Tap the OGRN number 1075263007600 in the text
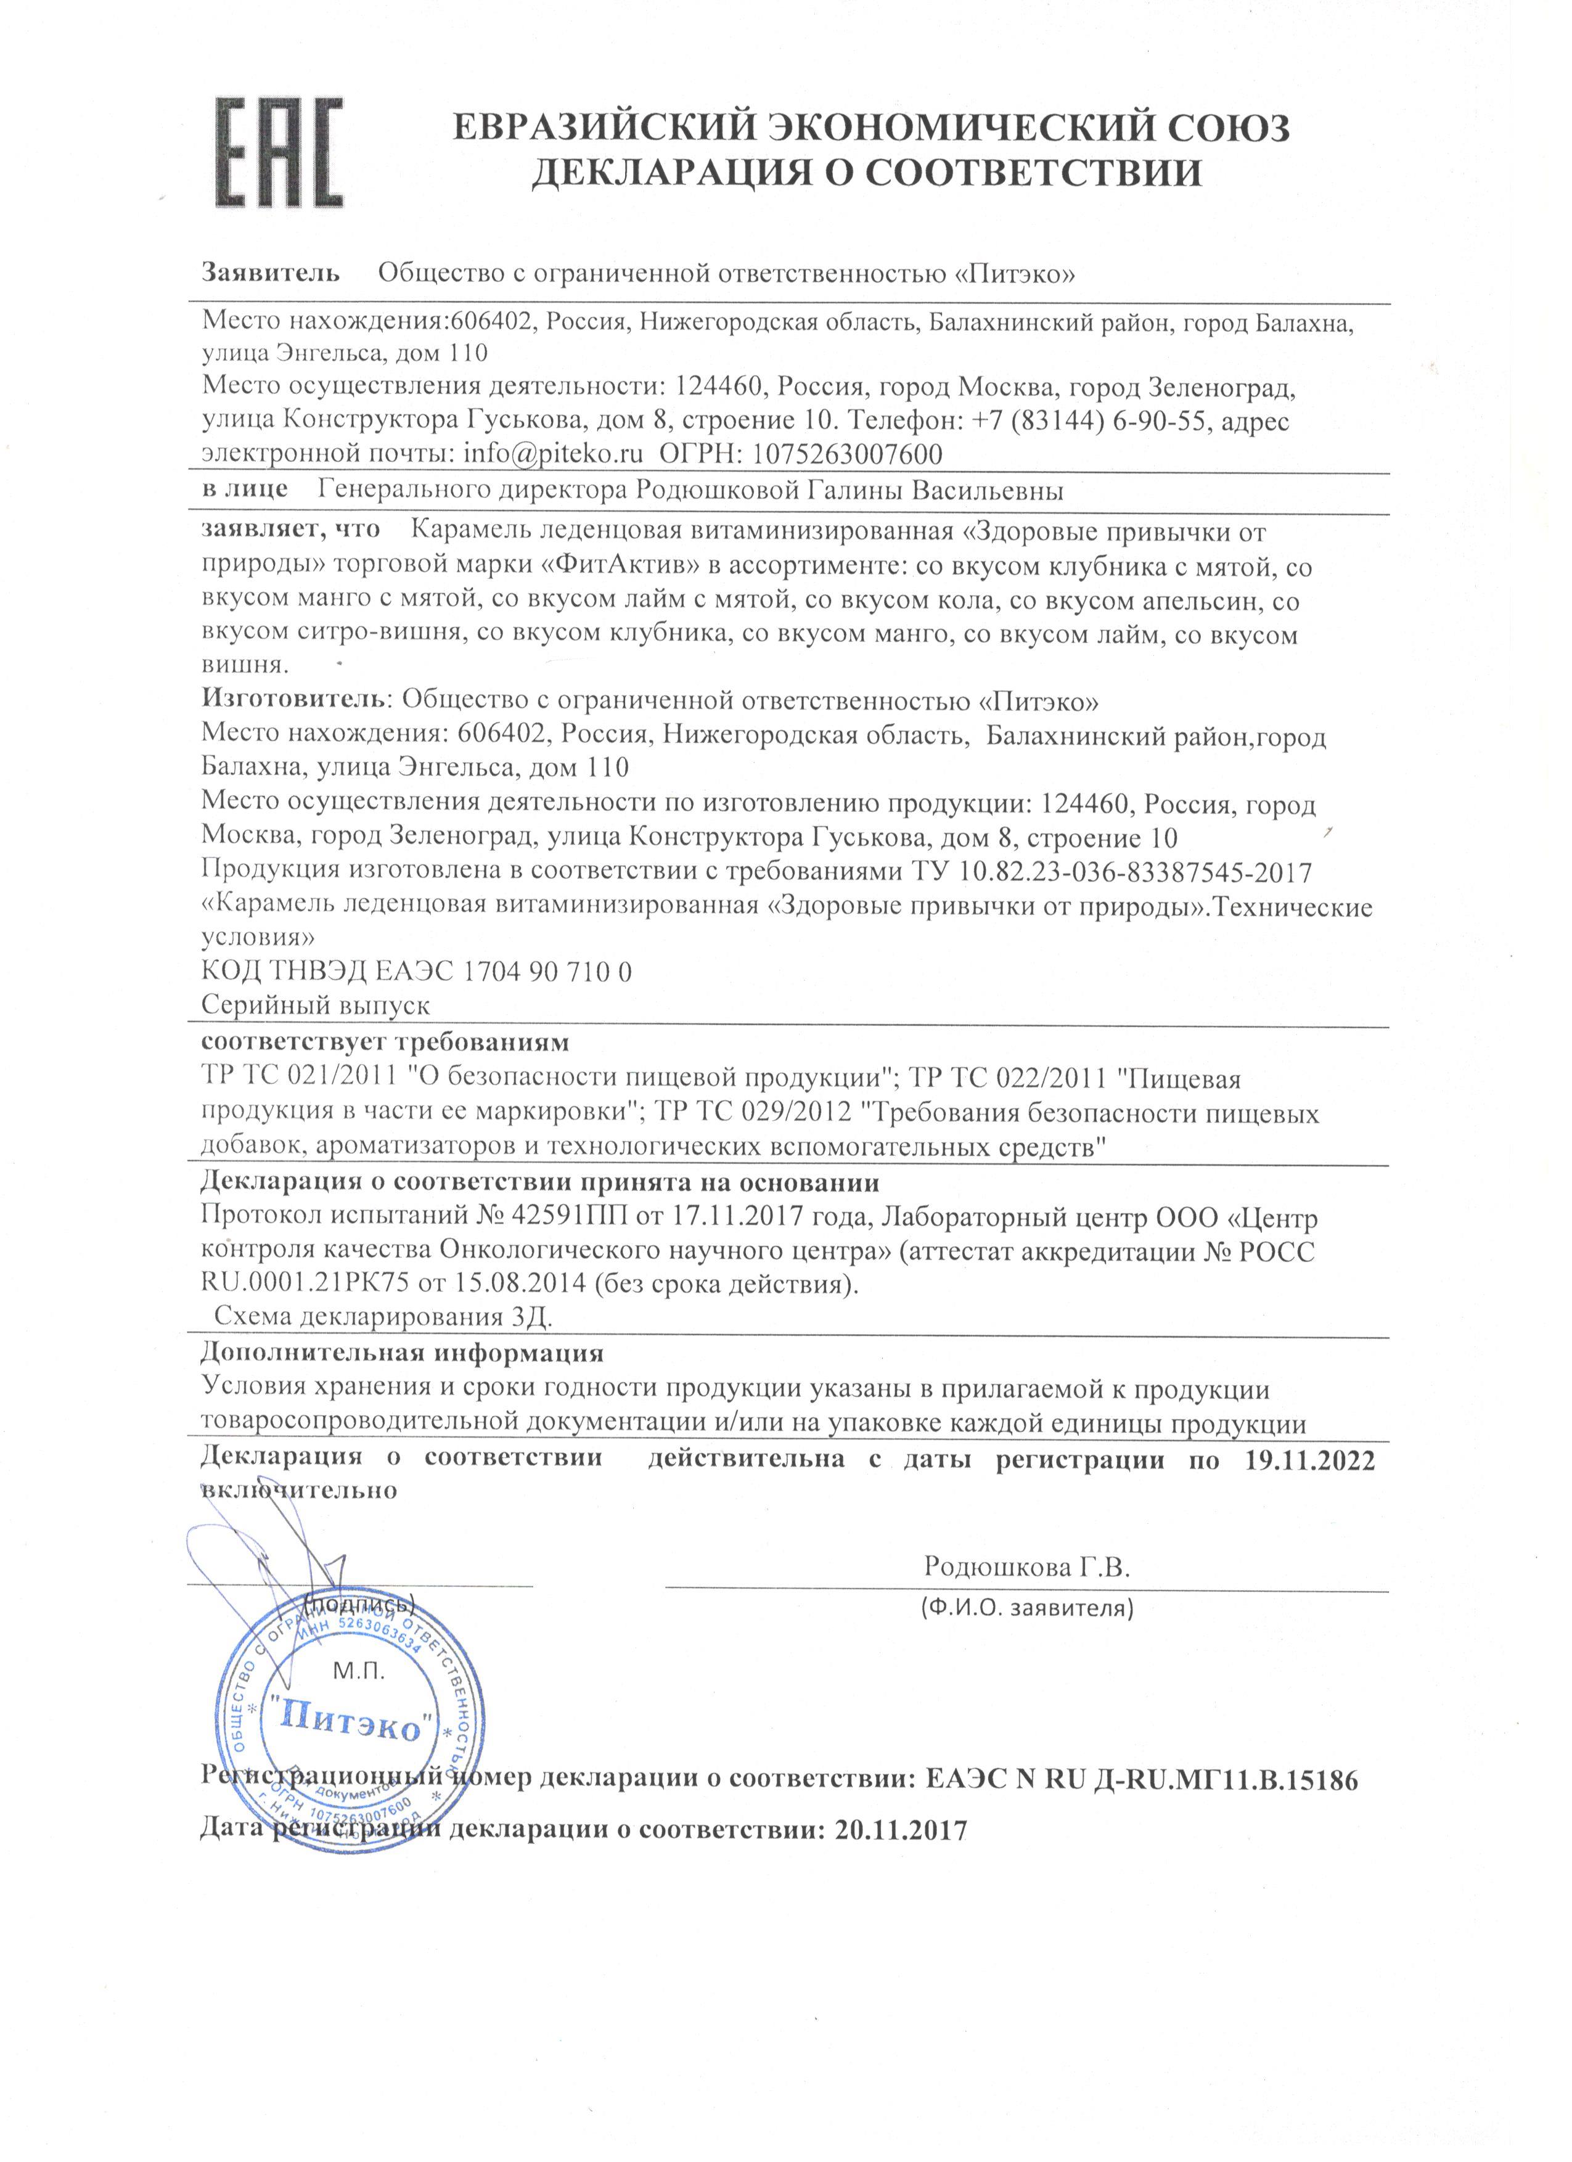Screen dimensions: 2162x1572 click(848, 454)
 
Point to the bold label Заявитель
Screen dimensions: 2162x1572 click(270, 274)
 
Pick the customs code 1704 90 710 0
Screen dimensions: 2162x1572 click(548, 972)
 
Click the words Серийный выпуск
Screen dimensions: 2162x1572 click(316, 1005)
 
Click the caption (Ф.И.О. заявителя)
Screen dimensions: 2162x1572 click(1026, 1610)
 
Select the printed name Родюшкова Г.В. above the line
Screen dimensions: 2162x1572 click(1026, 1567)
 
